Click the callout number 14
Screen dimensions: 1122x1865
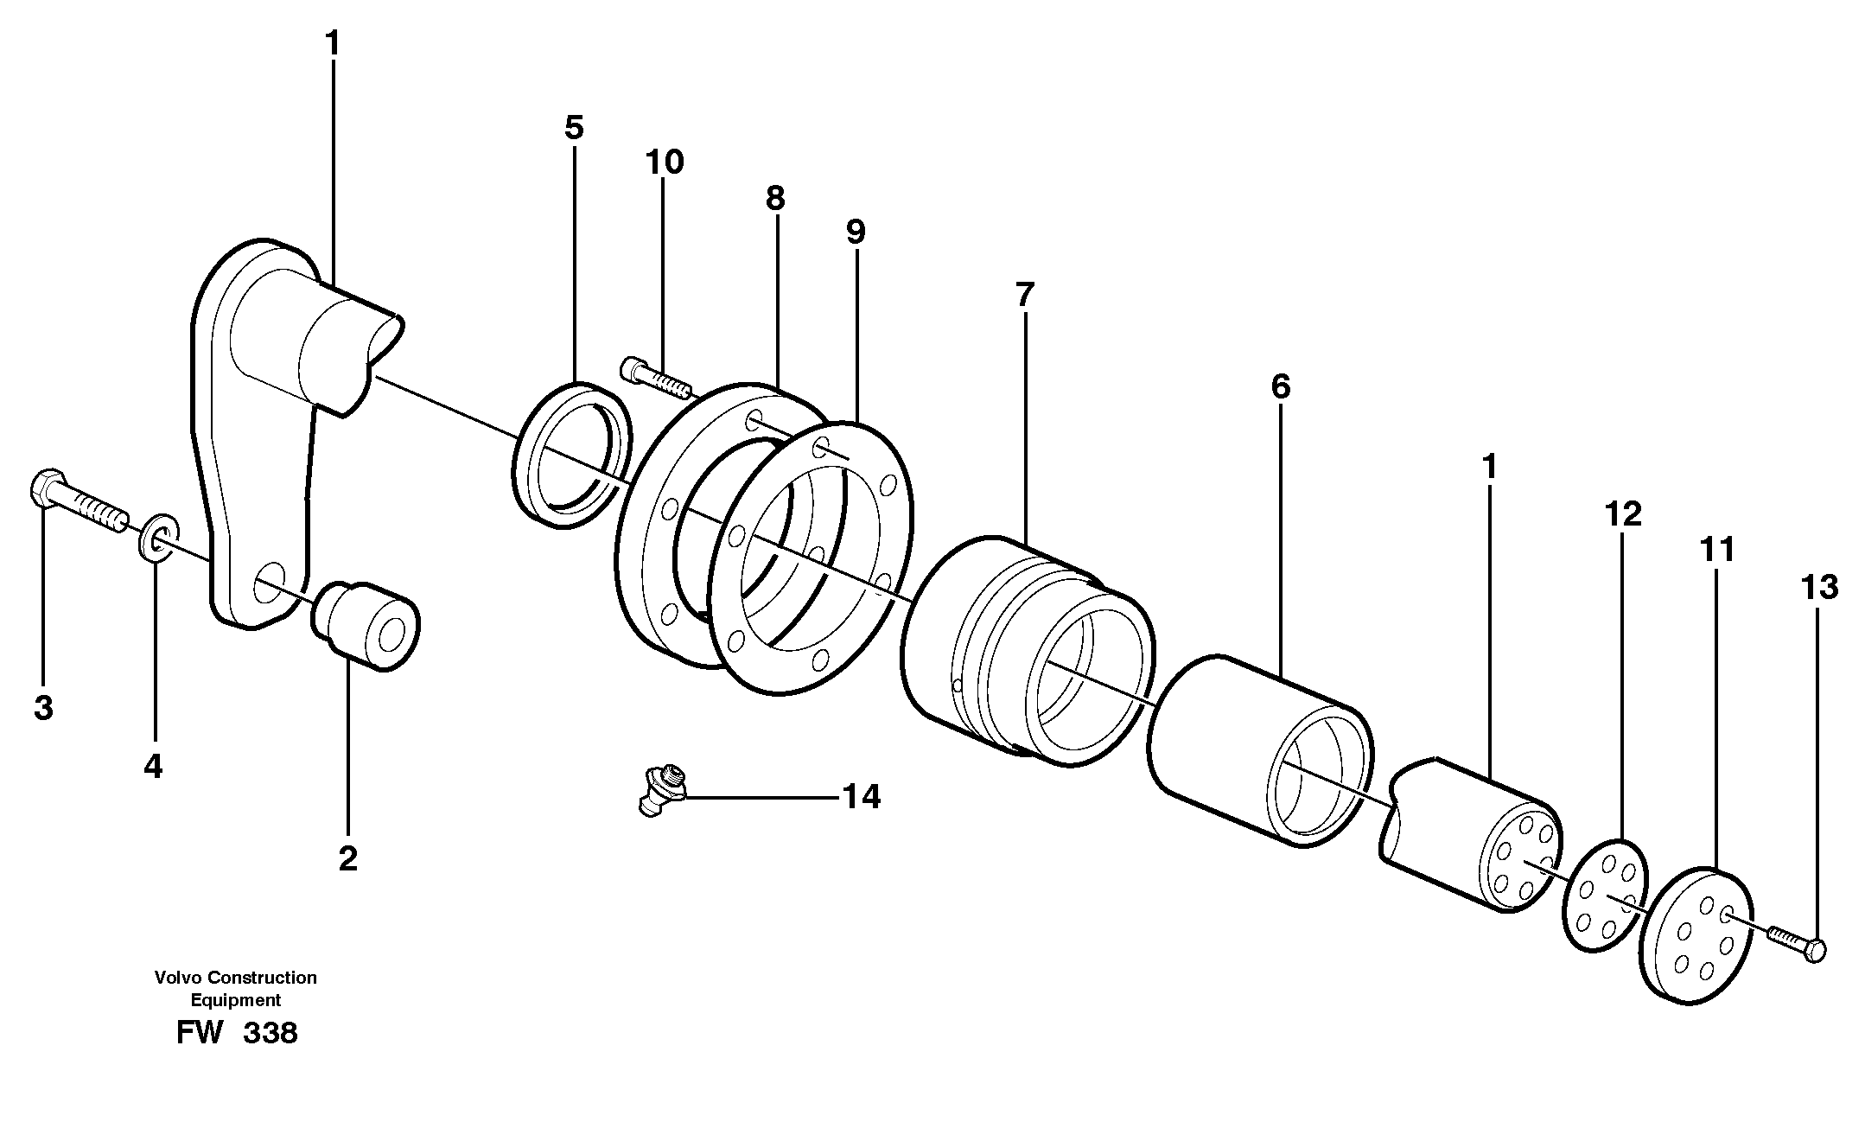pos(861,797)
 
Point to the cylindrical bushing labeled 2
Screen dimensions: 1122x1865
pos(366,626)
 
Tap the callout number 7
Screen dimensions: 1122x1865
pos(1024,295)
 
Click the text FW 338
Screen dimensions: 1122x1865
pos(237,1033)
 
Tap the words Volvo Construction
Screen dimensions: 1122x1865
pos(235,978)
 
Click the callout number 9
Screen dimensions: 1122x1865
pos(855,233)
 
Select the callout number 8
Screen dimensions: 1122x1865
pos(774,199)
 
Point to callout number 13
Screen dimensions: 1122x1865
pos(1818,588)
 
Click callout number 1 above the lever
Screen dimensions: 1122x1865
pos(333,43)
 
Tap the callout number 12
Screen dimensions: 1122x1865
pos(1622,514)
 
